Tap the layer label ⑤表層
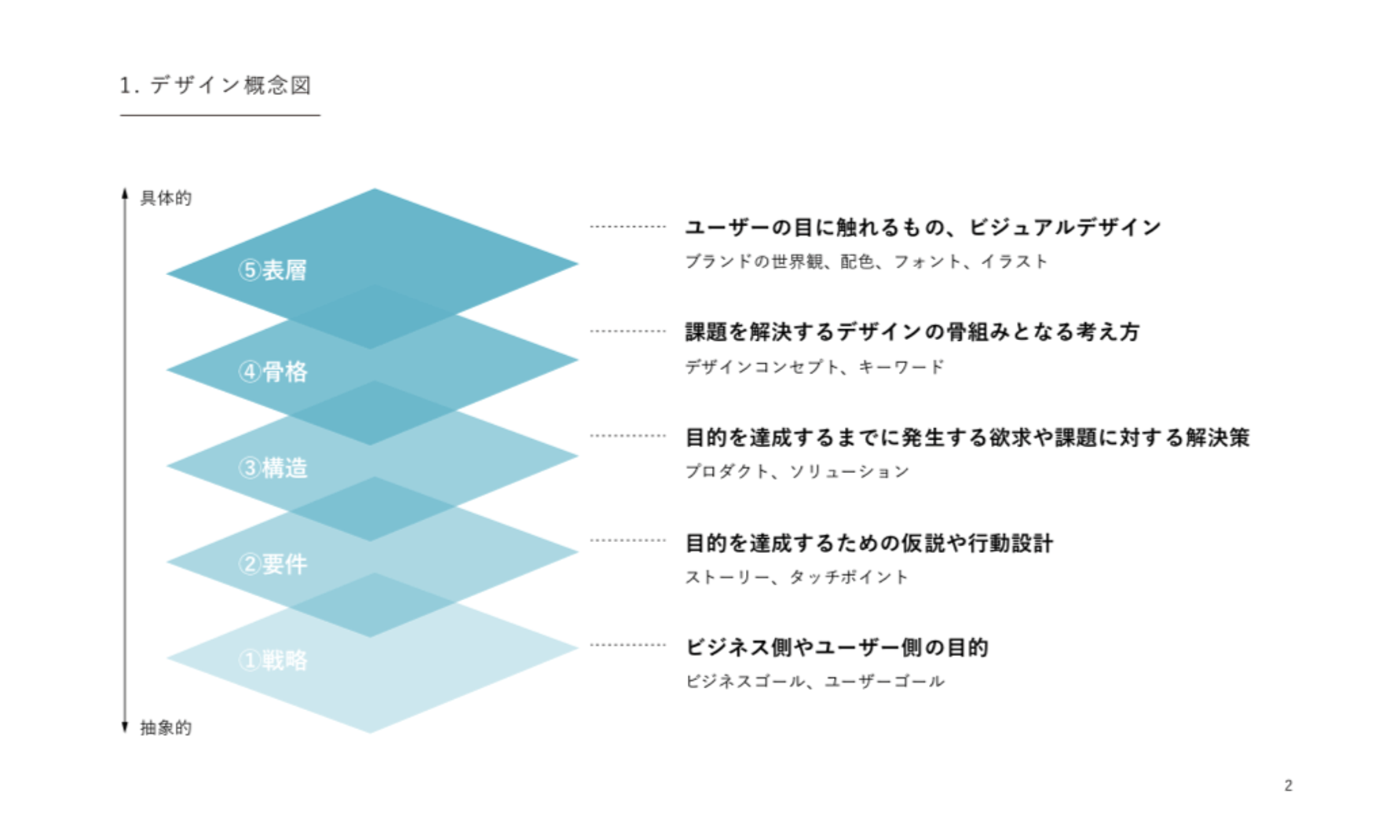point(272,270)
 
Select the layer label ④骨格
point(272,372)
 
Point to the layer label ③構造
point(272,468)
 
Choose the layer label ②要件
point(272,564)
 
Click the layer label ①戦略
point(272,661)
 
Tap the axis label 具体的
point(166,198)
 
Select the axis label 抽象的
point(166,728)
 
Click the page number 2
point(1289,786)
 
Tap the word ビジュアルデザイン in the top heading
point(1065,228)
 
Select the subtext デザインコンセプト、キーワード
point(815,367)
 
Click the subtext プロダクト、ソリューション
point(798,471)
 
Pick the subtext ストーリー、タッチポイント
point(797,577)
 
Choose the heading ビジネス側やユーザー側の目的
point(837,647)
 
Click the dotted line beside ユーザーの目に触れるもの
point(628,226)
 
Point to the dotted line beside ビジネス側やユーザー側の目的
point(628,645)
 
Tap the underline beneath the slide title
point(220,115)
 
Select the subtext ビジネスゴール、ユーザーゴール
point(815,682)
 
